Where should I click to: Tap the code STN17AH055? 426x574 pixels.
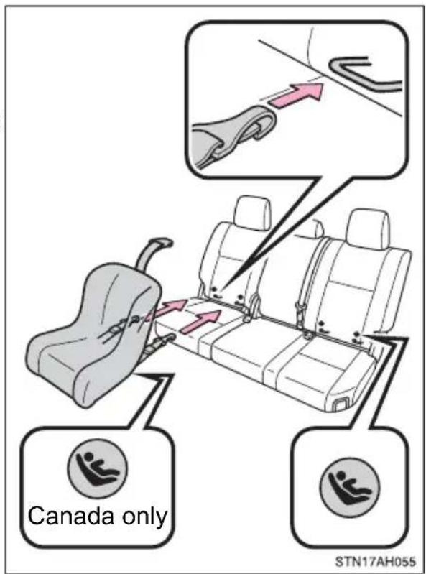point(375,562)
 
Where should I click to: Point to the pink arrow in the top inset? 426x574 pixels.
point(297,95)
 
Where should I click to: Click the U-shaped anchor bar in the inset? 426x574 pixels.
point(362,74)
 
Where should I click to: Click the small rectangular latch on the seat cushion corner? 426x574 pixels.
point(341,404)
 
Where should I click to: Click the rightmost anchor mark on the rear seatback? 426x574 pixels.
point(356,338)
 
